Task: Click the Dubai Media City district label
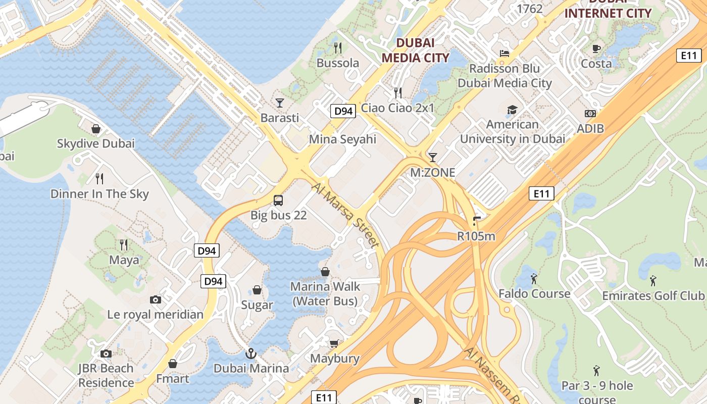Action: [x=415, y=50]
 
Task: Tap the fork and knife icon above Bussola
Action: [x=338, y=48]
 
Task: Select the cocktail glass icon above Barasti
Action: [x=279, y=103]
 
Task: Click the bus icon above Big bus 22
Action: [x=278, y=200]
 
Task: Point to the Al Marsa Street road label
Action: [x=345, y=216]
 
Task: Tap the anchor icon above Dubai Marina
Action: [x=251, y=353]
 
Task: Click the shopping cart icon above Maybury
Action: [x=334, y=344]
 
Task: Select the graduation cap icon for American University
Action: [x=512, y=110]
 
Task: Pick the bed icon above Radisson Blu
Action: [x=504, y=54]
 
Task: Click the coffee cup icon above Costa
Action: [x=596, y=48]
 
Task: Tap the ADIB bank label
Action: [x=590, y=129]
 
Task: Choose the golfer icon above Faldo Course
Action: [x=534, y=278]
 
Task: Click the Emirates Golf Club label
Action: [x=653, y=295]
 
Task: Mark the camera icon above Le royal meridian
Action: [x=156, y=299]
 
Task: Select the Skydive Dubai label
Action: [x=96, y=143]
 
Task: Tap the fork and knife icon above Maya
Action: [x=124, y=245]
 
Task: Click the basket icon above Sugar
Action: [x=257, y=290]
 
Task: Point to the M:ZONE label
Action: [x=432, y=173]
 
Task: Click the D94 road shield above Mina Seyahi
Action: [x=343, y=111]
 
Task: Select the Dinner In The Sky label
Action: [x=99, y=194]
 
